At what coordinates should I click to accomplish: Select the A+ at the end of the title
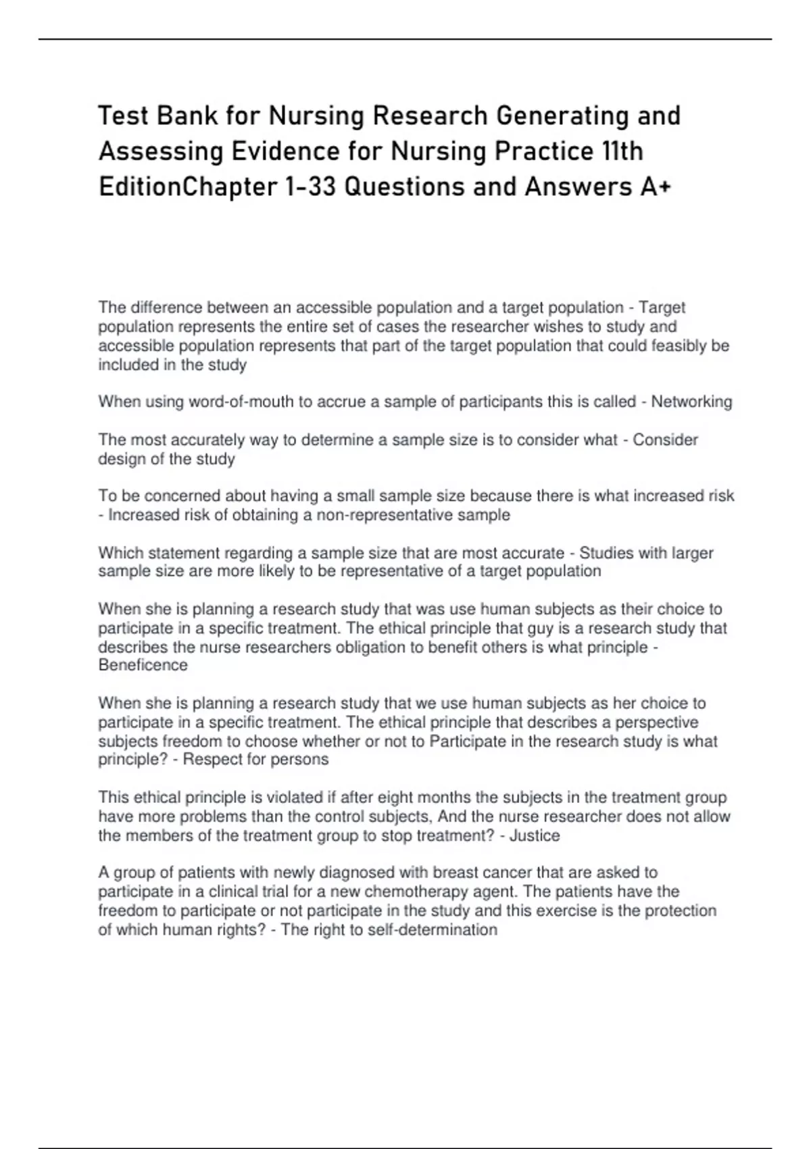(654, 187)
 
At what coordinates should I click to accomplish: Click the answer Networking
(691, 402)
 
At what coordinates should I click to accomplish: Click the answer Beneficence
(143, 665)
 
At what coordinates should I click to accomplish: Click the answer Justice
(535, 835)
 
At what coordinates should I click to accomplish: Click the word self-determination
(432, 930)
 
